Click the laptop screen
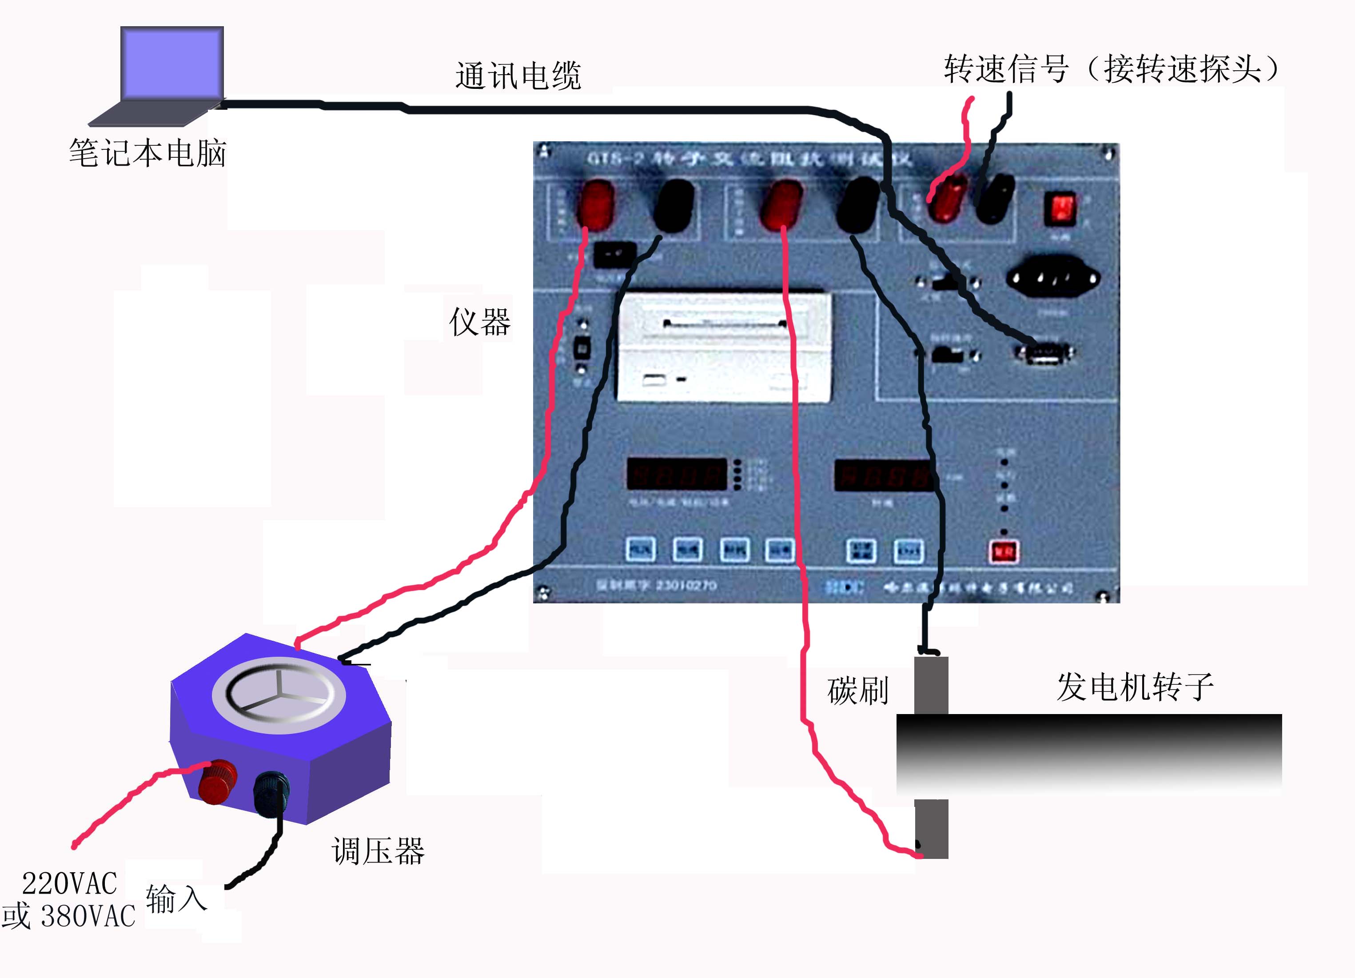pos(172,63)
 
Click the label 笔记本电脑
pos(147,153)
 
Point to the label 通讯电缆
pos(518,76)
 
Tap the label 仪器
pos(480,323)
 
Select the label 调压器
pos(378,851)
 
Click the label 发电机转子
pos(1135,687)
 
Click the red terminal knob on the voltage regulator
pos(217,782)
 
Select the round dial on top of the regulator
pos(279,695)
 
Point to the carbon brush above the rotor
pos(931,685)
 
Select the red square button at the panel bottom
pos(1004,551)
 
